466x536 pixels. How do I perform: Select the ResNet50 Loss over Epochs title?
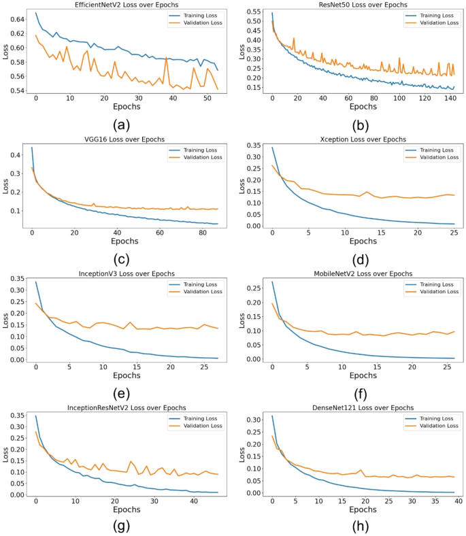[x=361, y=5]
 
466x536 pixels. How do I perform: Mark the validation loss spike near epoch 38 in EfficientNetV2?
[x=166, y=58]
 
